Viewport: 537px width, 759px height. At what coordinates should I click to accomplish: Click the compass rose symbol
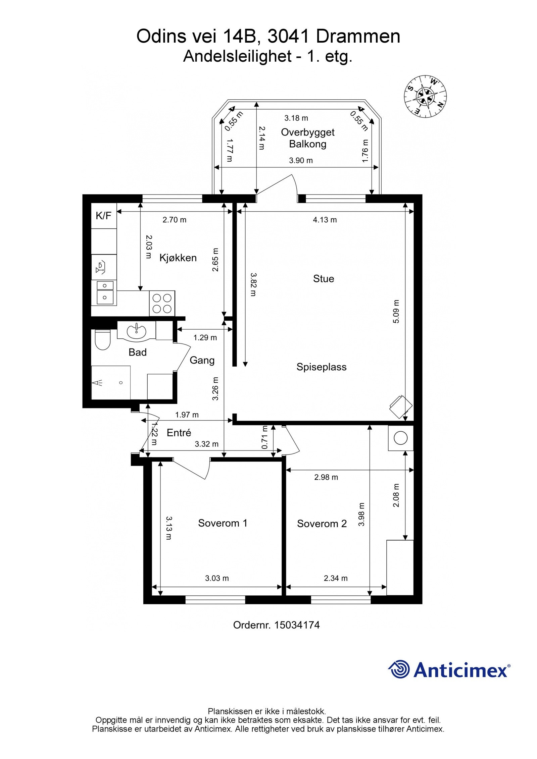coord(425,96)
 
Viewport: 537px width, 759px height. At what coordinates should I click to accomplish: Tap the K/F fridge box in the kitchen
coord(104,216)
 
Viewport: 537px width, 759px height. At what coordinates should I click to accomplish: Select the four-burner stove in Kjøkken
coord(162,303)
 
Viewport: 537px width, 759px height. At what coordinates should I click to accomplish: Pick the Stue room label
coord(324,279)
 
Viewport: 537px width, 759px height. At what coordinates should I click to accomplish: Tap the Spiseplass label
coord(321,367)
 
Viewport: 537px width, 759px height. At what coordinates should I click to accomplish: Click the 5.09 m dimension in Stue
coord(396,311)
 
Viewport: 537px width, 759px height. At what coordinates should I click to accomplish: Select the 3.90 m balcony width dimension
coord(301,161)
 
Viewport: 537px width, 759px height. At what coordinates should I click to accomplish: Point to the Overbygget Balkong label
coord(308,138)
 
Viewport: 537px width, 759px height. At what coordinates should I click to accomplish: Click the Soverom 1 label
coord(223,523)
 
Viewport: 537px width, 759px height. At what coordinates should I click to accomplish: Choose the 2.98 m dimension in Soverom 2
coord(326,477)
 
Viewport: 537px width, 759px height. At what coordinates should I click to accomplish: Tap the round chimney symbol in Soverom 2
coord(401,438)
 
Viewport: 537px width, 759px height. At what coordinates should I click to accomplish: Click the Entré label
coord(179,433)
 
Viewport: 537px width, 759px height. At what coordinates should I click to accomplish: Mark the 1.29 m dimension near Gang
coord(205,337)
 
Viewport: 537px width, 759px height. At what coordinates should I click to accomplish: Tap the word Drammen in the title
coord(358,37)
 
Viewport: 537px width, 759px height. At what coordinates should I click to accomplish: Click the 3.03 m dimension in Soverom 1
coord(217,578)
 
